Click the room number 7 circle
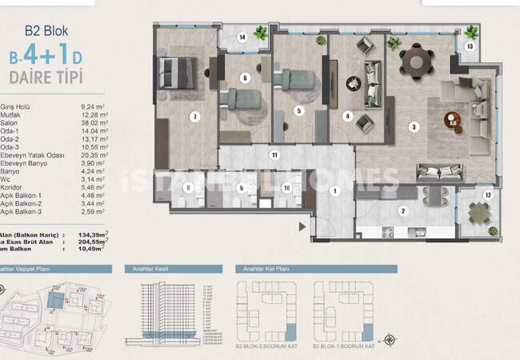tap(194, 117)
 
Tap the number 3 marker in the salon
tap(413, 126)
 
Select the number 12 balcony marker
tap(488, 194)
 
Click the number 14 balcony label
tap(242, 37)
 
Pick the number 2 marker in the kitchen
tap(403, 211)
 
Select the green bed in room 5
tap(297, 79)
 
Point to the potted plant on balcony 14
tap(260, 33)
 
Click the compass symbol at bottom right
tap(391, 339)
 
